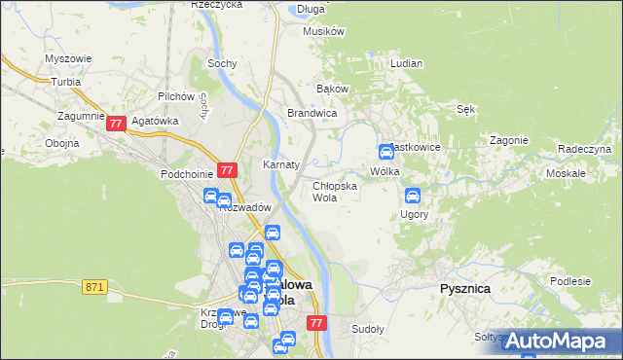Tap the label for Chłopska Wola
(334, 191)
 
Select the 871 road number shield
(94, 287)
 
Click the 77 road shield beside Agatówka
(117, 124)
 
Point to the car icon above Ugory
(412, 196)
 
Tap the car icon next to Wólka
(385, 152)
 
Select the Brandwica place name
(311, 114)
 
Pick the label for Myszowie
(68, 58)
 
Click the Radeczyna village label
(584, 149)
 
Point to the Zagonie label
(508, 140)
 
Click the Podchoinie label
(187, 174)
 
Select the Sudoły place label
(368, 329)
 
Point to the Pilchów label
(177, 97)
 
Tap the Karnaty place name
(281, 164)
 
